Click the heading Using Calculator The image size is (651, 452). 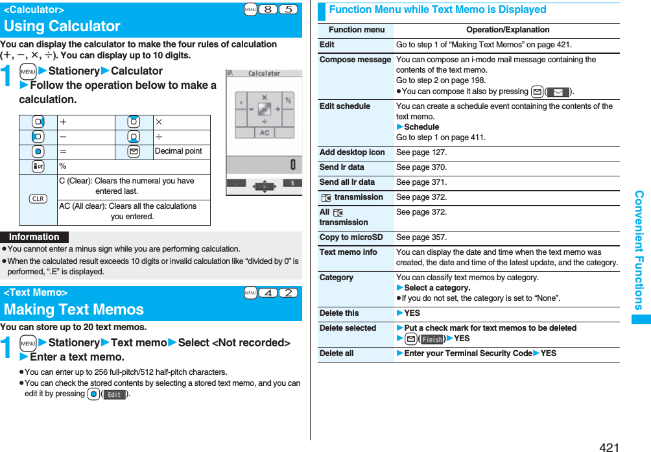62,27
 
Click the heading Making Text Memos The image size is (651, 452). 65,309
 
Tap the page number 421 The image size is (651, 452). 609,447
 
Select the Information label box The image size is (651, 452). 34,237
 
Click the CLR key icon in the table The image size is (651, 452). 38,198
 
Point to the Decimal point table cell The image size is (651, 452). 178,151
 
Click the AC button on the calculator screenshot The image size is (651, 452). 264,132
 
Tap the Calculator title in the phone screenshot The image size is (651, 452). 264,73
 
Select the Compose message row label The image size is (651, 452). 355,60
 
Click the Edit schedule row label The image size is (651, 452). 345,106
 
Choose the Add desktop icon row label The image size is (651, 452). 352,152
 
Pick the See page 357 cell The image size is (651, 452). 421,237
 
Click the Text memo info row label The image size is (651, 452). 348,252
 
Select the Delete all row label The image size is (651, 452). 337,353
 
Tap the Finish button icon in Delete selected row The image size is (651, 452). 432,339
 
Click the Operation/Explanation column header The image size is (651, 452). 507,30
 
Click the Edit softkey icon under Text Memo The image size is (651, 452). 115,394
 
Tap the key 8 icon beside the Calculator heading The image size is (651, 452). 267,10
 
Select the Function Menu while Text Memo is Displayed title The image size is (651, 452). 438,10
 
